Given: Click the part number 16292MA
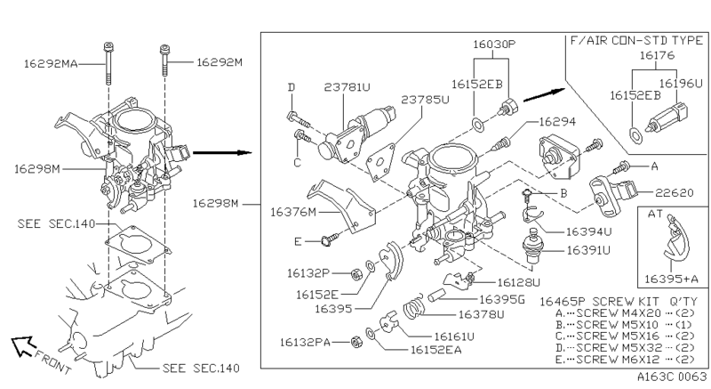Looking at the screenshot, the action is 51,64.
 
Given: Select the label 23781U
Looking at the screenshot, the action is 347,86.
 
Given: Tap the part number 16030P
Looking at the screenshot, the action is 494,44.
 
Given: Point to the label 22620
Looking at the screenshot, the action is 675,193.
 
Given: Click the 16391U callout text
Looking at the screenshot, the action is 588,250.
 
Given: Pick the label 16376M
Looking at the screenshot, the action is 293,212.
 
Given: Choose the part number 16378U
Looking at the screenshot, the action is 481,314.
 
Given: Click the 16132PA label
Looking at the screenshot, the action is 305,342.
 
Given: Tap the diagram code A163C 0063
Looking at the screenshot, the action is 672,377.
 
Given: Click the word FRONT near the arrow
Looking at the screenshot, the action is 53,361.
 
